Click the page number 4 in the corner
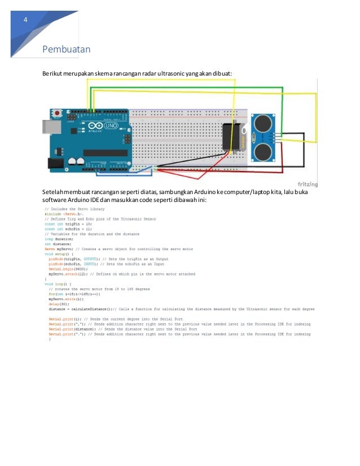(x=24, y=21)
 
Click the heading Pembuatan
(x=67, y=50)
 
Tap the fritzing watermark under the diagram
(x=307, y=184)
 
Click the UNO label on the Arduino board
(x=111, y=126)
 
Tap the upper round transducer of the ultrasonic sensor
(x=262, y=122)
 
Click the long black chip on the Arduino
(x=105, y=152)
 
